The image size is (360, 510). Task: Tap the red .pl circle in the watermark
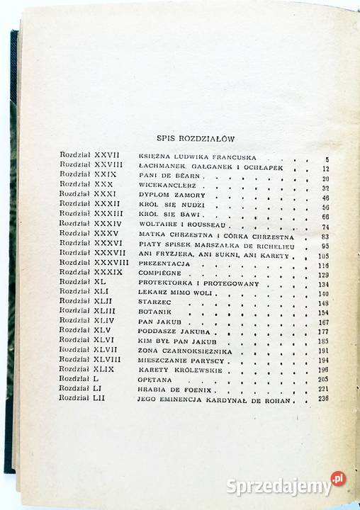pyautogui.click(x=339, y=480)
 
